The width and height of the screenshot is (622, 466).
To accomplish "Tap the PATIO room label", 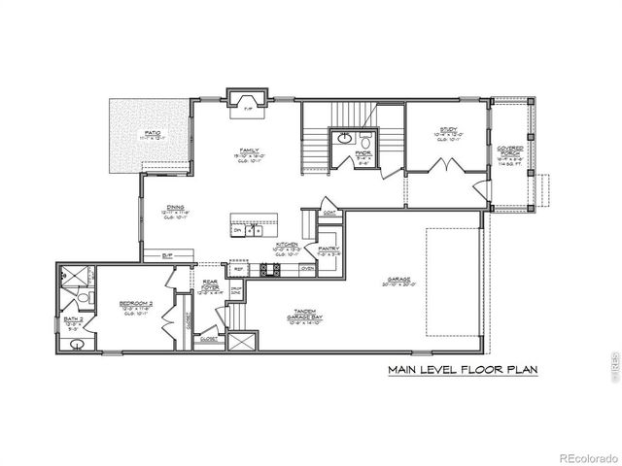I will (x=153, y=133).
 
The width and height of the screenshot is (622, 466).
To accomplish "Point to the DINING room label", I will (x=176, y=206).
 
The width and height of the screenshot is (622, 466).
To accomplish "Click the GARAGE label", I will (x=399, y=281).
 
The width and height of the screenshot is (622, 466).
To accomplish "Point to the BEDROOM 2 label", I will (x=135, y=303).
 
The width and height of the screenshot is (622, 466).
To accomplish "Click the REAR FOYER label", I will (x=210, y=285).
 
